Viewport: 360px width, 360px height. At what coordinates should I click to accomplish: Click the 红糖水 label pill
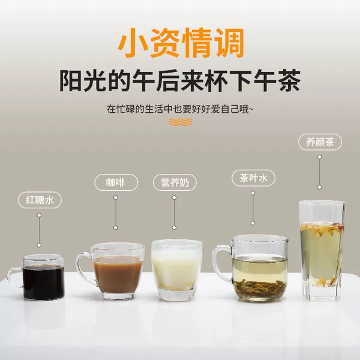click(x=40, y=200)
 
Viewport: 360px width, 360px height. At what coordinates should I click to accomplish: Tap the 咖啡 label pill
click(x=116, y=182)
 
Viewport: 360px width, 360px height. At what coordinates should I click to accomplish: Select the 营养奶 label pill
click(x=175, y=182)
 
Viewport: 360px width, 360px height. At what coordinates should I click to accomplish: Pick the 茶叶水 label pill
click(x=253, y=178)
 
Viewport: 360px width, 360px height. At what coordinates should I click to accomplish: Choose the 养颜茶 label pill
click(x=320, y=142)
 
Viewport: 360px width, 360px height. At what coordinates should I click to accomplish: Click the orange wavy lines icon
click(x=181, y=122)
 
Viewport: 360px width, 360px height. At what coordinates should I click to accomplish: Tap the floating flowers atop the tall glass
click(x=322, y=228)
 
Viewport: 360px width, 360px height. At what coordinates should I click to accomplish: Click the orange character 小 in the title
click(x=133, y=43)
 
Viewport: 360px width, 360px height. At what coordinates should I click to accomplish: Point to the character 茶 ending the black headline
click(x=289, y=80)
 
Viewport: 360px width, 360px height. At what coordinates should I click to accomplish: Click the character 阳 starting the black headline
click(x=71, y=80)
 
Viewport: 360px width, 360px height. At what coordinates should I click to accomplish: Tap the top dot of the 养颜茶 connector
click(x=319, y=157)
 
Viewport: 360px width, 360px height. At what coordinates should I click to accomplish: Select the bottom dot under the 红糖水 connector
click(x=39, y=245)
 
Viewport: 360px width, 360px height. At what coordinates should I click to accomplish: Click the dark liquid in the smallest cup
click(x=44, y=282)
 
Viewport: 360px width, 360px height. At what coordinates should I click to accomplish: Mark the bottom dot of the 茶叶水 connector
click(x=253, y=223)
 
